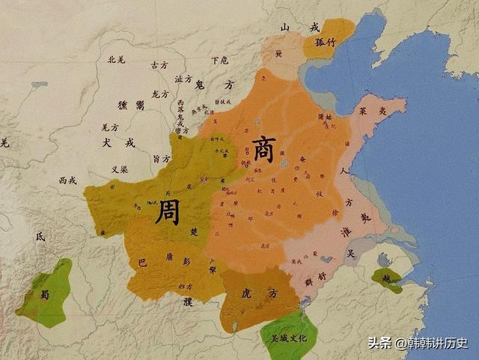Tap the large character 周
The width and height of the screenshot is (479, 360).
click(166, 213)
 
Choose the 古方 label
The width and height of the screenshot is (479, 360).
click(159, 65)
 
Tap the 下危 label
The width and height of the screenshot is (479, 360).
click(219, 60)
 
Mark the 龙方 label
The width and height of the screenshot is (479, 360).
click(160, 94)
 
